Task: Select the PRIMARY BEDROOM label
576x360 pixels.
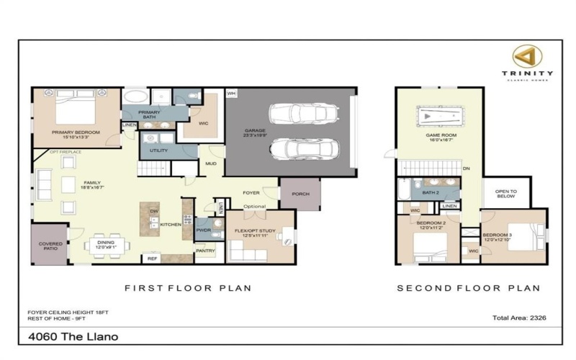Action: (x=74, y=133)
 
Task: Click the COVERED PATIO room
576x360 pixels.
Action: (x=50, y=246)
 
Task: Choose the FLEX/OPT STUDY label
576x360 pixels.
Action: (x=251, y=232)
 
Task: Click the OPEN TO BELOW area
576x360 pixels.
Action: (x=506, y=193)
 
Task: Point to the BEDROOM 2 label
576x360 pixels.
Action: (x=432, y=224)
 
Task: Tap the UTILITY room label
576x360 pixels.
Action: (x=159, y=151)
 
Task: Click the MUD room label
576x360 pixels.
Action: (x=210, y=163)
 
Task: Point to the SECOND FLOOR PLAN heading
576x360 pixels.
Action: (x=468, y=288)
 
